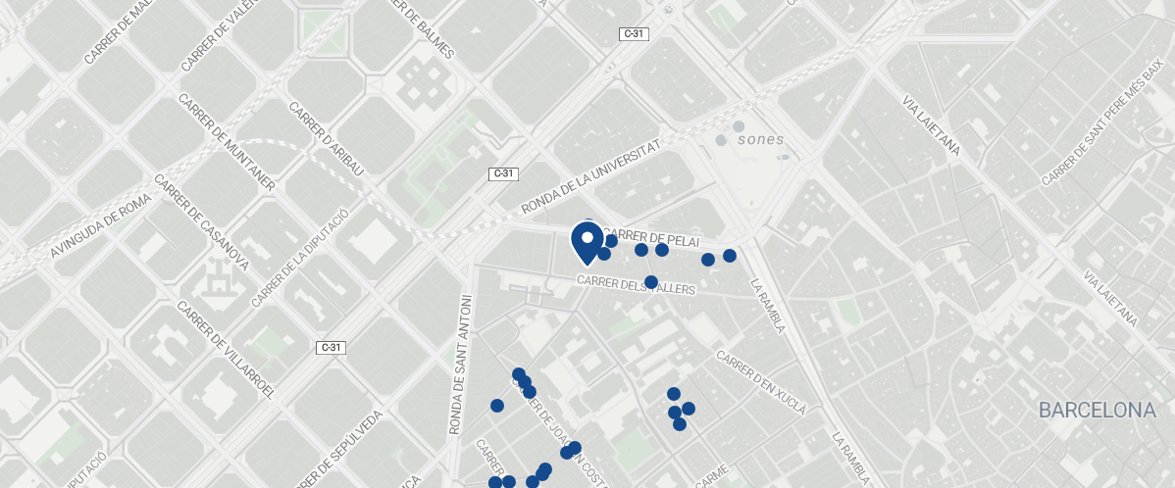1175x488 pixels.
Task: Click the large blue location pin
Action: [x=587, y=241]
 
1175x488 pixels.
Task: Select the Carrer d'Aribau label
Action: [x=328, y=140]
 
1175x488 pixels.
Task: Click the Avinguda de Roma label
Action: [x=102, y=226]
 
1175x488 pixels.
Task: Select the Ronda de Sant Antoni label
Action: [x=460, y=364]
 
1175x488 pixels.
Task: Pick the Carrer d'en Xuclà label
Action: [x=761, y=382]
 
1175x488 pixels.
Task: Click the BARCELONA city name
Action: [x=1097, y=410]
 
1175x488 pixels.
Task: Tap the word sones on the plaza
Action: [x=760, y=139]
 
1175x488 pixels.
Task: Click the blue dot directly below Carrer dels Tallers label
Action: [x=650, y=282]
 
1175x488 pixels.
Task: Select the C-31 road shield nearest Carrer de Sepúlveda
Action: [x=331, y=347]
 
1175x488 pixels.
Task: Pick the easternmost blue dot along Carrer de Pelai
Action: [x=730, y=256]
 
